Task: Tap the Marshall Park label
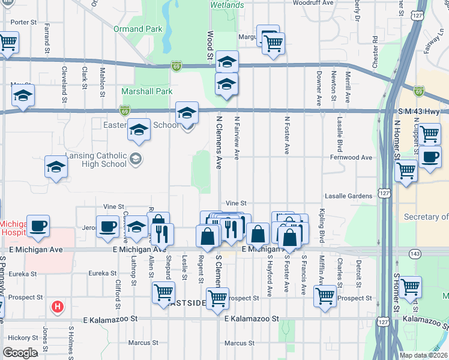[x=147, y=91]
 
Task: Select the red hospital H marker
[x=58, y=307]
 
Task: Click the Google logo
[x=20, y=353]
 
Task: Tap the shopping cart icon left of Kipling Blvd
[x=325, y=295]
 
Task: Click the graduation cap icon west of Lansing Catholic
[x=56, y=167]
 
